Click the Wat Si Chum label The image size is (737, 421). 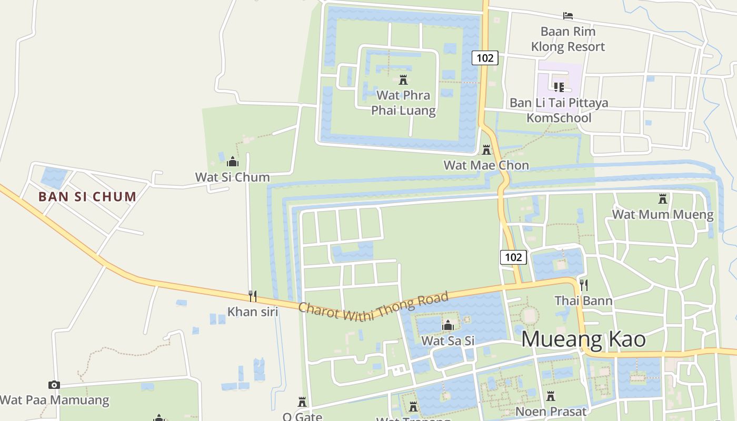tap(232, 177)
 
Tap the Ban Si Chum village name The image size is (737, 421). tap(87, 197)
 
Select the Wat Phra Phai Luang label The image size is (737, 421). tap(404, 103)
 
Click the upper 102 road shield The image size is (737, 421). tap(484, 57)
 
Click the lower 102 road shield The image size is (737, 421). tap(513, 257)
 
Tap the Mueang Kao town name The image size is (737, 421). tap(583, 339)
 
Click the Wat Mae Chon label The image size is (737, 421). tap(486, 165)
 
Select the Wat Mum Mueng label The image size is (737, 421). tap(662, 215)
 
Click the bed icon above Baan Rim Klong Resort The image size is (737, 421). tap(567, 16)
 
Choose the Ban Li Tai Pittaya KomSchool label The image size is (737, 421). tap(559, 110)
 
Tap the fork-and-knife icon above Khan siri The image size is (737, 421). tap(253, 296)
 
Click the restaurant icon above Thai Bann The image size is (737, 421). tap(583, 285)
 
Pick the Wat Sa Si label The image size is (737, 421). tap(448, 340)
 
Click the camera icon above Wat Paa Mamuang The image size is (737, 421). tap(54, 385)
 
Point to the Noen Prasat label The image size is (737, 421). tap(551, 411)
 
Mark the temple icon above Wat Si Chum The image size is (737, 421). tap(232, 162)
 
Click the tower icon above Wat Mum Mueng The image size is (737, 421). tap(662, 199)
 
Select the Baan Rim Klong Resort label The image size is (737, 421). tap(568, 39)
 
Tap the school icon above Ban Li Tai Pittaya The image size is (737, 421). tap(559, 86)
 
